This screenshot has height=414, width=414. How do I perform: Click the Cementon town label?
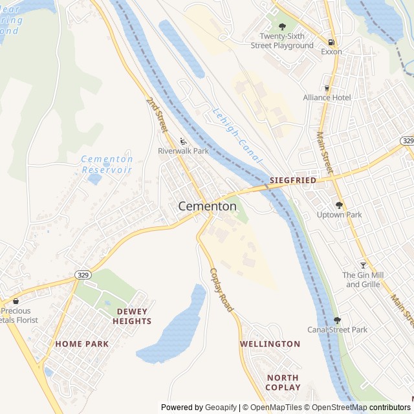pyautogui.click(x=207, y=206)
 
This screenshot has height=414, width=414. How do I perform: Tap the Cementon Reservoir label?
pyautogui.click(x=107, y=164)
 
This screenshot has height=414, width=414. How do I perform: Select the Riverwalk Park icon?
pyautogui.click(x=183, y=141)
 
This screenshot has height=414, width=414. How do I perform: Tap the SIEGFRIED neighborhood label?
pyautogui.click(x=293, y=180)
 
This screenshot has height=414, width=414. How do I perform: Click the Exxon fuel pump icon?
pyautogui.click(x=331, y=41)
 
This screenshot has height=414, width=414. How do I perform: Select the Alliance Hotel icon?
pyautogui.click(x=327, y=88)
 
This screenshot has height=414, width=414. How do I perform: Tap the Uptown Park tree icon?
pyautogui.click(x=339, y=205)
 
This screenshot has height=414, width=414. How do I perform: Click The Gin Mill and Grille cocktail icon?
pyautogui.click(x=363, y=265)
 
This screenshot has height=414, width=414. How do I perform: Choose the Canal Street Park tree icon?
pyautogui.click(x=337, y=320)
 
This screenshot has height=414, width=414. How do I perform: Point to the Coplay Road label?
pyautogui.click(x=221, y=291)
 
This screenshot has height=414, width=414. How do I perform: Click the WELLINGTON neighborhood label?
pyautogui.click(x=270, y=344)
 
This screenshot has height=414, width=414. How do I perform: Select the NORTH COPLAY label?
pyautogui.click(x=283, y=382)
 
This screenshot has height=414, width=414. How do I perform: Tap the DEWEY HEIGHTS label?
pyautogui.click(x=132, y=316)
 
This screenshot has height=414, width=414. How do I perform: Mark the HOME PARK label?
pyautogui.click(x=82, y=344)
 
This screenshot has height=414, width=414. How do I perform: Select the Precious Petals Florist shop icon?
pyautogui.click(x=16, y=301)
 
